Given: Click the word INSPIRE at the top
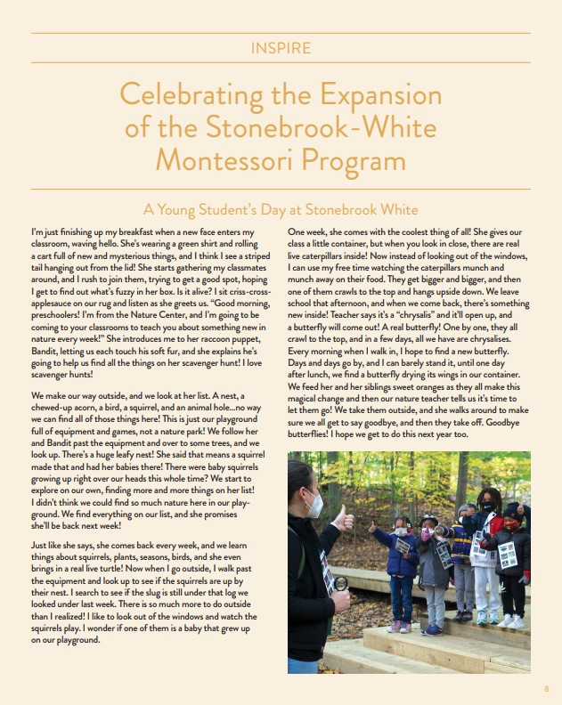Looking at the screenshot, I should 281,47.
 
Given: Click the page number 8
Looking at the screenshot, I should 546,688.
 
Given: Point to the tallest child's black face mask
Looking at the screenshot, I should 488,507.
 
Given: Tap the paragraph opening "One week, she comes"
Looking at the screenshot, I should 326,231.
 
